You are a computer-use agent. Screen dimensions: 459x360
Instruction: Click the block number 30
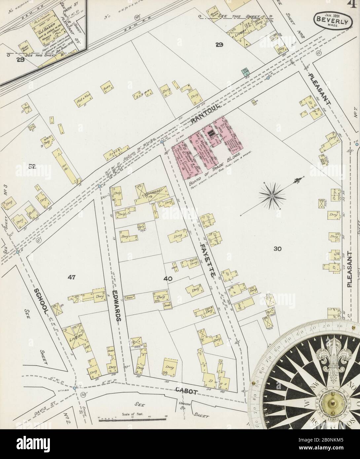pos(277,249)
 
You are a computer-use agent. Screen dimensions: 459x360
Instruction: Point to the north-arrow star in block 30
pos(272,196)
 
